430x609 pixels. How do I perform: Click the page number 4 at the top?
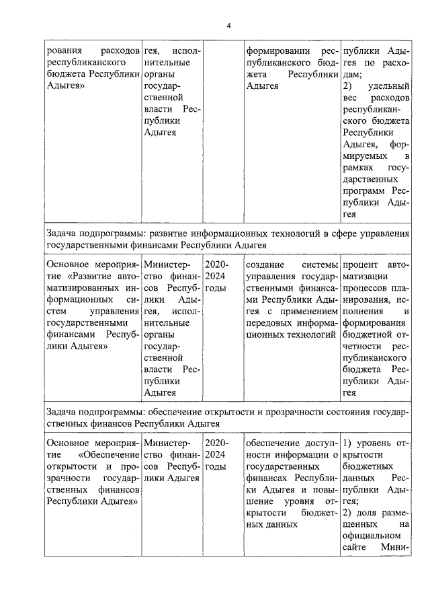(x=228, y=26)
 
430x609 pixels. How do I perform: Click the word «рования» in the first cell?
(x=64, y=51)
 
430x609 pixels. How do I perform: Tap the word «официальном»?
(x=374, y=536)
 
